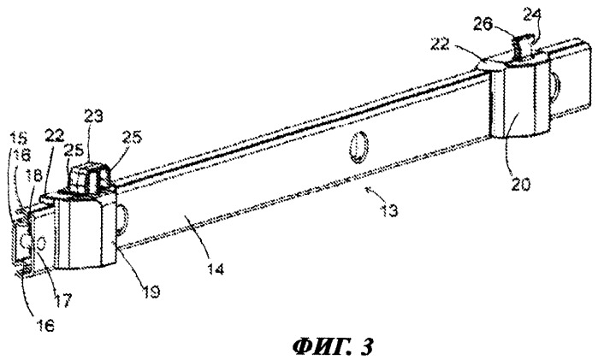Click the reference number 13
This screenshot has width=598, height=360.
coord(389,210)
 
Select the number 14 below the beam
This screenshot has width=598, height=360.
coord(216,269)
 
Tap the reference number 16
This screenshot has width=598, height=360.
coord(45,325)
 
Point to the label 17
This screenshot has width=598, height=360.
coord(63,300)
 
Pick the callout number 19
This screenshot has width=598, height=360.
coord(151,292)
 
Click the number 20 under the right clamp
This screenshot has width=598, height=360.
coord(521,184)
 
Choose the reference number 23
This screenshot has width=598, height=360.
coord(94,116)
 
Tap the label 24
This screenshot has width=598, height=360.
coord(532,15)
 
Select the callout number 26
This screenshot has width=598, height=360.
coord(483,25)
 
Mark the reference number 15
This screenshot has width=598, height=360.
coord(19,137)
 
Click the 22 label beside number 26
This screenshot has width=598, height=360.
coord(441,44)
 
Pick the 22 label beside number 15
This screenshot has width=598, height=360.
coord(55,134)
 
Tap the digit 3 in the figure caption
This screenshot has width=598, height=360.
coord(367,345)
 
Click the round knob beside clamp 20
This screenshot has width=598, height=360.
coord(556,89)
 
